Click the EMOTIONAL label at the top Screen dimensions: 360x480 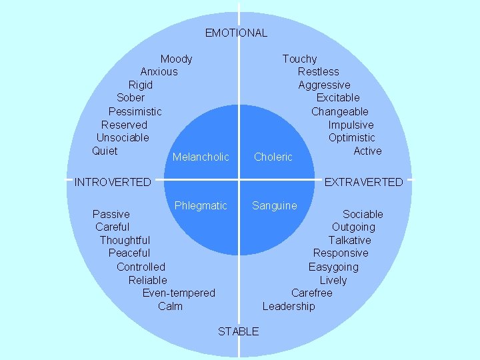coord(236,33)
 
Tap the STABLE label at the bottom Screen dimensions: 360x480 coord(238,331)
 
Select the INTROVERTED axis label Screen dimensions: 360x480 coord(113,182)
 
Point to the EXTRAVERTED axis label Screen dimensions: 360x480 coord(363,182)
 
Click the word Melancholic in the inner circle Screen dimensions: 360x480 coord(201,157)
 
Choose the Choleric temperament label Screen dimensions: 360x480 coord(273,157)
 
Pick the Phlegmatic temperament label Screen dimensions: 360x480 coord(201,206)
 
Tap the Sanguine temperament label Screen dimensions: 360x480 coord(275,206)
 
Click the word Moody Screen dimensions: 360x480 coord(176,59)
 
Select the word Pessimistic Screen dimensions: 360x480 coord(135,111)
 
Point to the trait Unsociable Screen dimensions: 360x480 coord(123,137)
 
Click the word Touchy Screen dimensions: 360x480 coord(299,59)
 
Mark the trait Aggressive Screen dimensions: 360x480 coord(324,85)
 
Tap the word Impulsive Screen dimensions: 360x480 coord(351,125)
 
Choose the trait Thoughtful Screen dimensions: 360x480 coord(125,240)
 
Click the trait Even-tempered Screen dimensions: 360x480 coord(179,293)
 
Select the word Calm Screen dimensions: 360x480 coord(170,306)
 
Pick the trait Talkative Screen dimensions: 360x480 coord(349,240)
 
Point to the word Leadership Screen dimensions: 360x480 coord(289,306)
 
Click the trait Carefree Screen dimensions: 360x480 coord(311,293)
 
